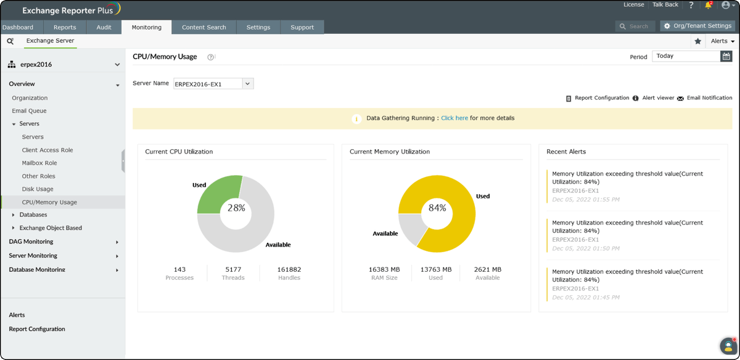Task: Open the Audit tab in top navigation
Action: click(x=104, y=27)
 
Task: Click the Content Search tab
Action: click(x=203, y=27)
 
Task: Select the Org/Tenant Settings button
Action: click(x=697, y=26)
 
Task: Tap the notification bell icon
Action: click(x=708, y=6)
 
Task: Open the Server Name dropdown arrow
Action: click(x=248, y=84)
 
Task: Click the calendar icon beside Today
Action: click(x=726, y=56)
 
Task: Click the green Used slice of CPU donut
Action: click(x=216, y=193)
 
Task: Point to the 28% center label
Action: click(x=236, y=208)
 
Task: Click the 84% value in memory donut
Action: click(x=437, y=208)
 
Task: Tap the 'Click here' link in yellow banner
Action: click(x=454, y=118)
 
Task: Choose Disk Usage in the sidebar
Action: click(x=38, y=189)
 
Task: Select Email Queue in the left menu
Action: click(x=29, y=111)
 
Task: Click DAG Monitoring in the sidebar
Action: click(x=31, y=242)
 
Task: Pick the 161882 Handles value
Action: click(x=289, y=269)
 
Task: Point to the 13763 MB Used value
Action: click(x=436, y=269)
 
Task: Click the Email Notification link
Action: click(x=709, y=98)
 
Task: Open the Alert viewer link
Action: click(x=658, y=98)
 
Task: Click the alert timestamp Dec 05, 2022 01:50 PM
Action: click(x=586, y=248)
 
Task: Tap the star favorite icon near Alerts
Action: click(x=698, y=41)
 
